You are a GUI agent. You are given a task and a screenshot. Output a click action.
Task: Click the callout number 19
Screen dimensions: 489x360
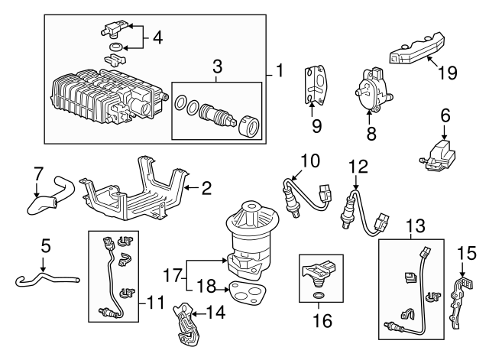click(448, 73)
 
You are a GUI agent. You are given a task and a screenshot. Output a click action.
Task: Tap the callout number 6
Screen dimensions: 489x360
click(445, 115)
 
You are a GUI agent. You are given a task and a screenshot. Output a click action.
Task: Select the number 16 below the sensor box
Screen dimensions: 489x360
click(322, 320)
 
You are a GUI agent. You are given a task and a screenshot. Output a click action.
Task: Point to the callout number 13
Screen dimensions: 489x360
click(416, 225)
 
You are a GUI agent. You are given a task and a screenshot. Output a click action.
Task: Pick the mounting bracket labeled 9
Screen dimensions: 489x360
click(314, 83)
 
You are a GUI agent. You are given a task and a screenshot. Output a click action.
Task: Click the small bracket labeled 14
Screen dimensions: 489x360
click(186, 322)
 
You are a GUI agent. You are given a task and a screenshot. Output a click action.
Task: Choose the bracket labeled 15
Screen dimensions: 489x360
click(460, 301)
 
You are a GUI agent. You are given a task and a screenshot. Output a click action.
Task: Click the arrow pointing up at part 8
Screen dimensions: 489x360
click(369, 118)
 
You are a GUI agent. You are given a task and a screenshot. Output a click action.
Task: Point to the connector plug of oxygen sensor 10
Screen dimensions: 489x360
click(325, 191)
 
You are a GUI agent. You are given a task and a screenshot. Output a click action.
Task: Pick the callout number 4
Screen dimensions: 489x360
click(157, 37)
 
